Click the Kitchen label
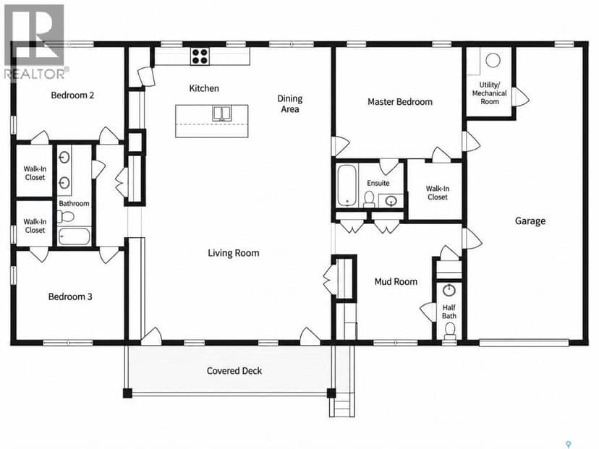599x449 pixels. pyautogui.click(x=204, y=88)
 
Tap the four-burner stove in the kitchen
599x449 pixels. pyautogui.click(x=200, y=56)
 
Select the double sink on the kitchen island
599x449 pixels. pyautogui.click(x=221, y=114)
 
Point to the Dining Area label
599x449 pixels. pyautogui.click(x=290, y=104)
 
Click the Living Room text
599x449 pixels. pyautogui.click(x=234, y=253)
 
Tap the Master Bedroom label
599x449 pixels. pyautogui.click(x=400, y=101)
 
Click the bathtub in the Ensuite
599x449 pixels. pyautogui.click(x=347, y=186)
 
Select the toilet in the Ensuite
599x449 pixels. pyautogui.click(x=369, y=200)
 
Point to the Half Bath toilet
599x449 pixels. pyautogui.click(x=450, y=330)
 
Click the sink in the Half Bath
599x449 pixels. pyautogui.click(x=449, y=290)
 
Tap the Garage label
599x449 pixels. pyautogui.click(x=530, y=221)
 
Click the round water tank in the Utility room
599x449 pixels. pyautogui.click(x=493, y=60)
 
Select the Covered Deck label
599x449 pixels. pyautogui.click(x=234, y=371)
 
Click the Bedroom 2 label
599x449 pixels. pyautogui.click(x=72, y=95)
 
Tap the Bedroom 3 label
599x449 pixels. pyautogui.click(x=70, y=296)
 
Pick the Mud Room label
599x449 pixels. pyautogui.click(x=396, y=282)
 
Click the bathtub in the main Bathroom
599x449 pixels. pyautogui.click(x=75, y=236)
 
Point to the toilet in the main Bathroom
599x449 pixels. pyautogui.click(x=66, y=217)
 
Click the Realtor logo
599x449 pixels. pyautogui.click(x=35, y=42)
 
